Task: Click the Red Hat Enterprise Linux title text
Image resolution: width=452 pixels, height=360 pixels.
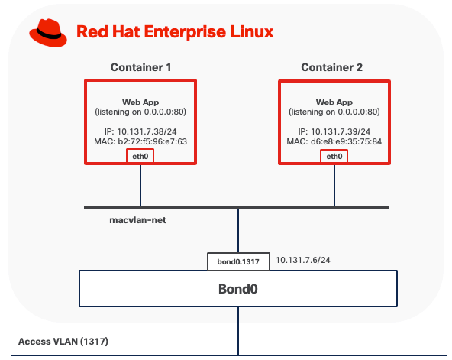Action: (174, 32)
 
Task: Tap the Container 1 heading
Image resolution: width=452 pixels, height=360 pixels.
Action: (140, 67)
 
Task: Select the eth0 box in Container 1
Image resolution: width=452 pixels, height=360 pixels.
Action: (140, 156)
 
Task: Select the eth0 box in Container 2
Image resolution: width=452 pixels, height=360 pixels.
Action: (334, 156)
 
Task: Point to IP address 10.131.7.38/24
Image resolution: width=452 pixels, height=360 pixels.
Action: (140, 131)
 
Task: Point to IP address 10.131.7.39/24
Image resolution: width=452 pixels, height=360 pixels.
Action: (334, 131)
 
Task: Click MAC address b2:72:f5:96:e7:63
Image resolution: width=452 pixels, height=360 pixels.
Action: (140, 141)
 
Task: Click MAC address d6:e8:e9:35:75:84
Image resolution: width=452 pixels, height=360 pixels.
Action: (334, 141)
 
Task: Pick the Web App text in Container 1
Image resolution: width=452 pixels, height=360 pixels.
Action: (140, 102)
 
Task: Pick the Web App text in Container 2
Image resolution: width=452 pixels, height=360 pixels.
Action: (334, 102)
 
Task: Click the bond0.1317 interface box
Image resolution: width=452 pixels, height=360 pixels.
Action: (238, 261)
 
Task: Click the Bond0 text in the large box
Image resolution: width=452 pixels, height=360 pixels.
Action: (238, 290)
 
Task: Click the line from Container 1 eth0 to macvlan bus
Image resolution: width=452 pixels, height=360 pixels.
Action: (140, 184)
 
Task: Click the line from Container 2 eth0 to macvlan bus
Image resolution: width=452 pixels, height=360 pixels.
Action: (334, 184)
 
